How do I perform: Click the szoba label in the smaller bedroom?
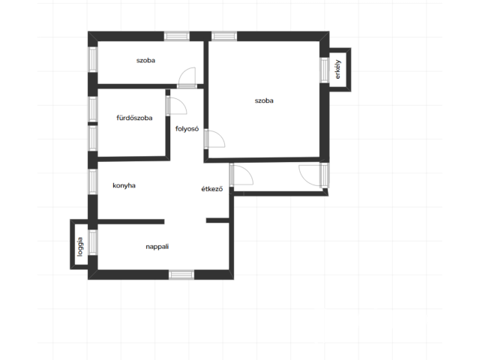pyautogui.click(x=145, y=61)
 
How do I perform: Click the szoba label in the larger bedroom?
pyautogui.click(x=264, y=100)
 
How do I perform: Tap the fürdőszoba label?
pyautogui.click(x=134, y=118)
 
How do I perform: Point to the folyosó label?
pyautogui.click(x=187, y=129)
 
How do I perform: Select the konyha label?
pyautogui.click(x=124, y=185)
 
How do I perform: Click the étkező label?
pyautogui.click(x=211, y=189)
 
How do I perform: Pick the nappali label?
pyautogui.click(x=157, y=247)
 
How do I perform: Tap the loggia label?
pyautogui.click(x=80, y=247)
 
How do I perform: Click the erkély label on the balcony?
pyautogui.click(x=338, y=70)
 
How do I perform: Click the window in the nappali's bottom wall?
pyautogui.click(x=181, y=274)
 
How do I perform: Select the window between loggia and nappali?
pyautogui.click(x=93, y=242)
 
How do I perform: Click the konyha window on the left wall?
pyautogui.click(x=93, y=181)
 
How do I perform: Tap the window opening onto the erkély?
pyautogui.click(x=325, y=70)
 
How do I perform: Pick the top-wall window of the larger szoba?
pyautogui.click(x=224, y=36)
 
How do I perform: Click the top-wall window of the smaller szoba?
pyautogui.click(x=177, y=36)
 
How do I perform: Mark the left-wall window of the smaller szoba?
pyautogui.click(x=93, y=59)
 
